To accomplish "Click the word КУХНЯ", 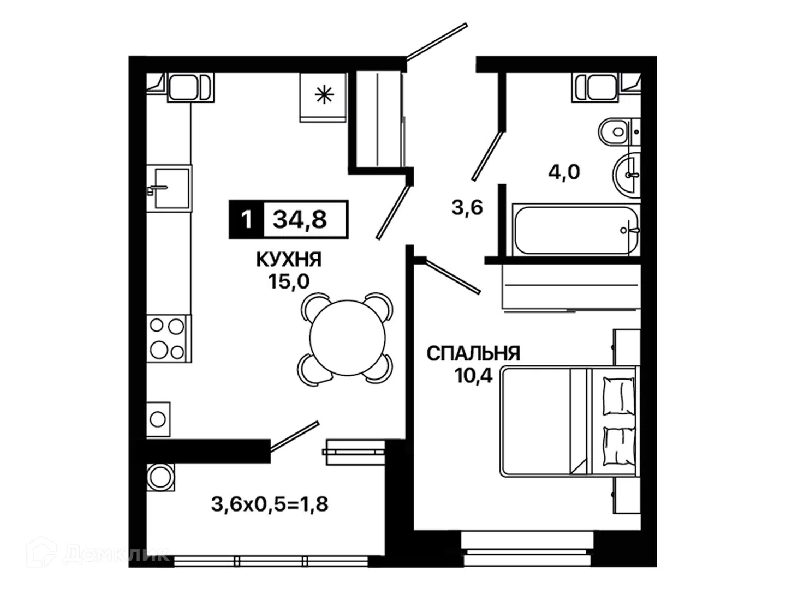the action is (289, 260).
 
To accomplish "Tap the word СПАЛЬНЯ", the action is (473, 354).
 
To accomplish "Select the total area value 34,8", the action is (300, 219).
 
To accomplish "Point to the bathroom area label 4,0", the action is (564, 172).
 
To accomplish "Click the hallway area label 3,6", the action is (467, 207).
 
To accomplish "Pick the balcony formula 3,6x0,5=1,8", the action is (270, 505).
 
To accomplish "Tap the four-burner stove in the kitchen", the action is (169, 339).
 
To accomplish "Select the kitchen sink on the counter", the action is (169, 188).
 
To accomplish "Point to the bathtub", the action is (576, 230).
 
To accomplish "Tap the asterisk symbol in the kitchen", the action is (324, 95).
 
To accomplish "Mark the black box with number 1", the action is (246, 219).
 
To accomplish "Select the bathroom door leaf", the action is (488, 156).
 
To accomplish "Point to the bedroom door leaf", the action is (452, 277).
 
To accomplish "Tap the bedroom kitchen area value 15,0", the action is (289, 282).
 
